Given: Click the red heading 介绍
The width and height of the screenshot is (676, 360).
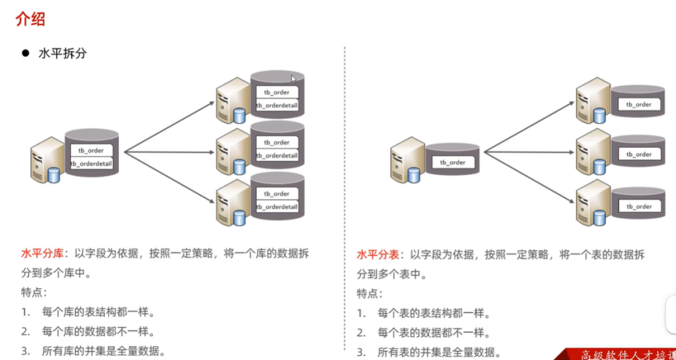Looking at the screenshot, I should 30,19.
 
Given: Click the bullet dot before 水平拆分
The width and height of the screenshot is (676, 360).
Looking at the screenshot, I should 26,54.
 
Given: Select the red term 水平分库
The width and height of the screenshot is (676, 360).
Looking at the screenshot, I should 42,254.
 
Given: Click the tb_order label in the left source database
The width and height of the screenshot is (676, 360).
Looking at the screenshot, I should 91,151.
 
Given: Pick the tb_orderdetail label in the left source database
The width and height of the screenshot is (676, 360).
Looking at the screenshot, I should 91,163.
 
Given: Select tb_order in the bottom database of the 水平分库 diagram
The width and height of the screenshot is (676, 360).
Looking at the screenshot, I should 277,194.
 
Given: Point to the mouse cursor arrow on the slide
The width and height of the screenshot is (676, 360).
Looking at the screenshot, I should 294,79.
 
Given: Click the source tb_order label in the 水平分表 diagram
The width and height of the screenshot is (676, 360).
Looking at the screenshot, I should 453,162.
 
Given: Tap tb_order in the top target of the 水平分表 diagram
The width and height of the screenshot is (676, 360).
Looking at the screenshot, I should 638,104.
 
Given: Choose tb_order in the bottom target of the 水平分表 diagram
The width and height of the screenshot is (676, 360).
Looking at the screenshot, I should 638,206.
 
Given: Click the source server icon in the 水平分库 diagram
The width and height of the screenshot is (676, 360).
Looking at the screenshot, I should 47,160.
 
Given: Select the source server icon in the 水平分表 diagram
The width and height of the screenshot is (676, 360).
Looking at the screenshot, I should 407,160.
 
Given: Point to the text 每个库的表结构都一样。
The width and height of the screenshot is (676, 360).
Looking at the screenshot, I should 98,312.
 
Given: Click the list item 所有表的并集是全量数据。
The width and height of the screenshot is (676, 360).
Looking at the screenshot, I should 439,352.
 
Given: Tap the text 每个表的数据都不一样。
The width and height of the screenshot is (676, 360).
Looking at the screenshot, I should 433,332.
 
